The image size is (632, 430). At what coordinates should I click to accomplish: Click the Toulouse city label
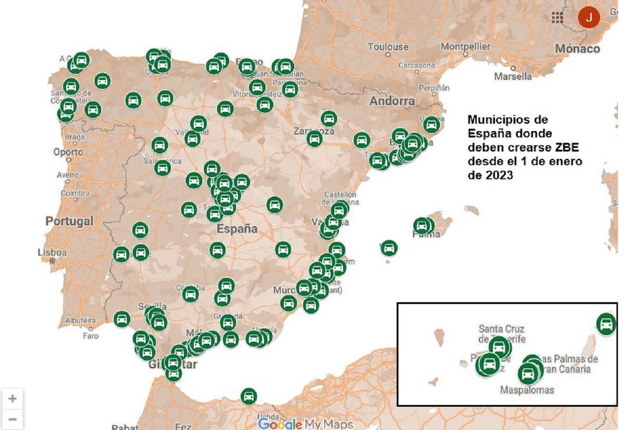388,47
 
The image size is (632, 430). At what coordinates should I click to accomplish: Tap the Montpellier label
465,46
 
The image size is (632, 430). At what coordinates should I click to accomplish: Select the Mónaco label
577,49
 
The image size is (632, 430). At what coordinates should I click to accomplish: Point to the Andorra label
392,101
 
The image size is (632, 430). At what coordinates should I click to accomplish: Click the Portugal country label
69,221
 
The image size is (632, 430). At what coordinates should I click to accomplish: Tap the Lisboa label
52,253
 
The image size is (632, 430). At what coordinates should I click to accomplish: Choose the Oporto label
68,152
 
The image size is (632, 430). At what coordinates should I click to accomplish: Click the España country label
237,229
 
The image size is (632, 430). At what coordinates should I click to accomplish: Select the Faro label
91,335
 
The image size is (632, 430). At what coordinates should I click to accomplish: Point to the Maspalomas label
527,390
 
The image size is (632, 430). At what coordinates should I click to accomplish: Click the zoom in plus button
12,399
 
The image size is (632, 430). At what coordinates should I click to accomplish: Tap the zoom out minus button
12,419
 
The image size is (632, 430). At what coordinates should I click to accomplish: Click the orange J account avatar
589,17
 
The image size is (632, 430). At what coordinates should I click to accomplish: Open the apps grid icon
557,17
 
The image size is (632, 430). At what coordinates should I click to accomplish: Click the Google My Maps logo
305,424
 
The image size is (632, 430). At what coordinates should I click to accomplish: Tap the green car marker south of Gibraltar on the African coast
249,396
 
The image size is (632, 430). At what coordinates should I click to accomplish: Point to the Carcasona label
417,66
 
